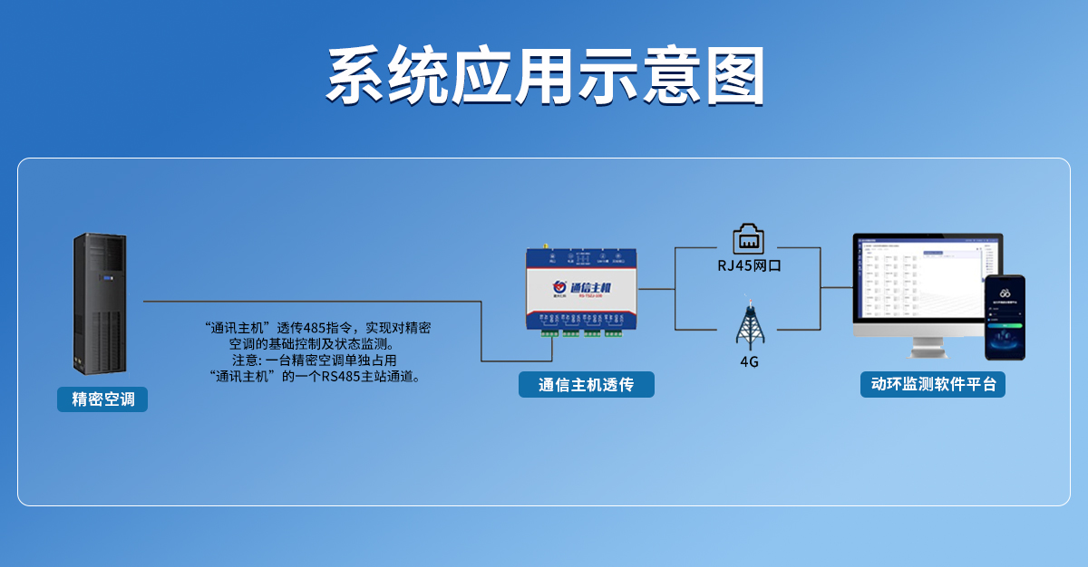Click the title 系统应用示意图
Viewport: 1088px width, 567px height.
[x=544, y=76]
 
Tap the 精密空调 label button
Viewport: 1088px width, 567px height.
[x=102, y=399]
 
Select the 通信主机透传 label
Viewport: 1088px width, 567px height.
[x=586, y=385]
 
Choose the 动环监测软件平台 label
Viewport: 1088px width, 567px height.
[x=932, y=384]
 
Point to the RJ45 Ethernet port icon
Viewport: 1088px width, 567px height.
[x=749, y=238]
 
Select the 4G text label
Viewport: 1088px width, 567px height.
[x=749, y=362]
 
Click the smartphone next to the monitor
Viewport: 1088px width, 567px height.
[x=1005, y=317]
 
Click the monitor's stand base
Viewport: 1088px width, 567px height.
[x=928, y=351]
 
